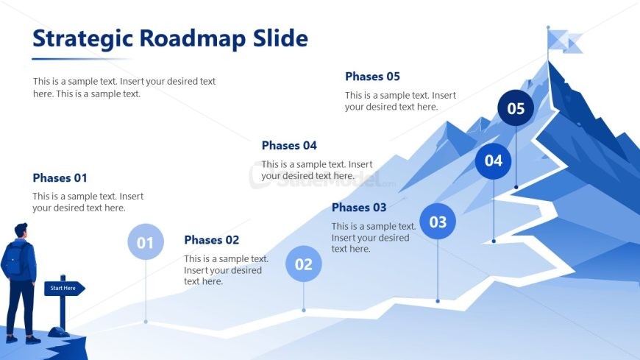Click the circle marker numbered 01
(146, 242)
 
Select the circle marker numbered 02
(304, 264)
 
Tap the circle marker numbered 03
(438, 221)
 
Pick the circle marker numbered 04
(494, 161)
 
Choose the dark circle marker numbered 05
(516, 108)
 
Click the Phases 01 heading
(60, 178)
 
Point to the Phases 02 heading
(211, 240)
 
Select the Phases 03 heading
(359, 208)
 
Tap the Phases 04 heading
(289, 146)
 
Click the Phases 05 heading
(372, 77)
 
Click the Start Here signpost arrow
(64, 288)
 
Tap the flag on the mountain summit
(564, 41)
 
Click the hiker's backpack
(15, 258)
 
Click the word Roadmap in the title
(193, 38)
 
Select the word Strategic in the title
(82, 40)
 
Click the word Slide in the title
(280, 38)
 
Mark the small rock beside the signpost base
(58, 332)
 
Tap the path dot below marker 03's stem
(438, 301)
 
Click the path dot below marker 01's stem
(146, 322)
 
